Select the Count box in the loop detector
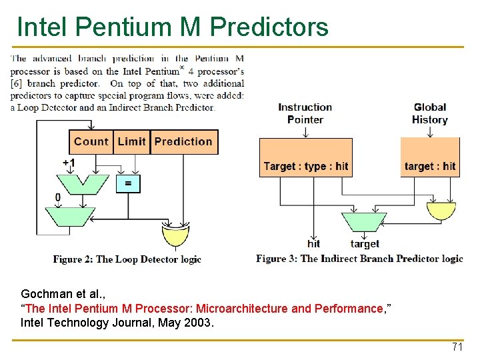pos(91,141)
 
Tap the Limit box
pos(131,141)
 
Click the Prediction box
pos(183,141)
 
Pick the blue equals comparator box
pos(128,183)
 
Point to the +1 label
pos(69,163)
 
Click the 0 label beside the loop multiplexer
pos(58,197)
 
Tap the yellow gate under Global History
pos(441,211)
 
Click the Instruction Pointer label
pos(305,113)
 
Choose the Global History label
pos(430,113)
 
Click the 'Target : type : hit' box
pos(305,166)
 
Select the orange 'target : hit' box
pos(430,166)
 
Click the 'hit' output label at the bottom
pos(313,244)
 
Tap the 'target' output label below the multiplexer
pos(365,244)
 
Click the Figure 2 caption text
pos(127,259)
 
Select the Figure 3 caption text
pos(359,259)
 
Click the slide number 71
pos(457,347)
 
